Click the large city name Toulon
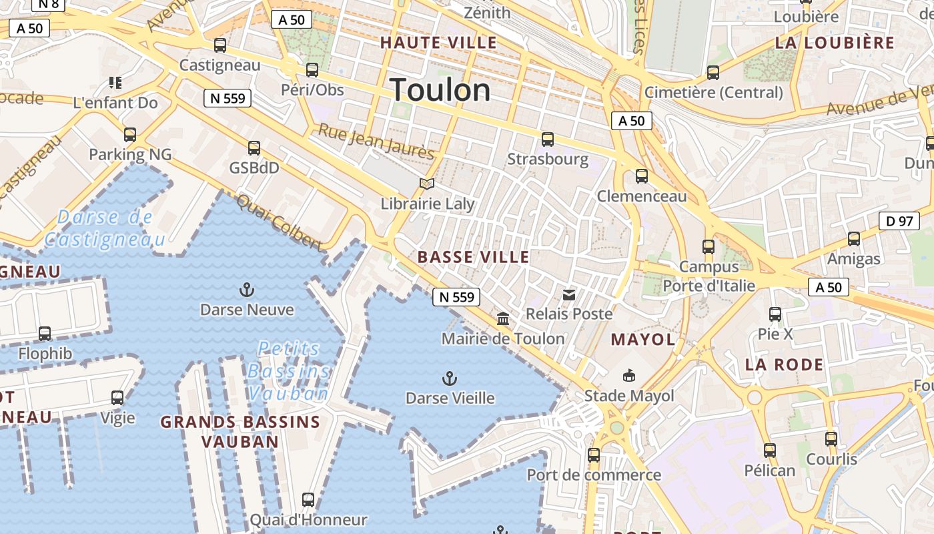tap(440, 90)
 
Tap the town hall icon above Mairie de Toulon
tap(503, 319)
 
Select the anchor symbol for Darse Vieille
tap(450, 378)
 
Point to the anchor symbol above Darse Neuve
tap(247, 290)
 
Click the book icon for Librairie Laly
tap(427, 184)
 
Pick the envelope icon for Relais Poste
tap(569, 294)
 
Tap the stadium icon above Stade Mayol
tap(628, 376)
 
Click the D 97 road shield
tap(899, 221)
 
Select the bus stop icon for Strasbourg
tap(548, 140)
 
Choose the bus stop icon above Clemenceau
tap(642, 176)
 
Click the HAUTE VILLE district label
tap(438, 43)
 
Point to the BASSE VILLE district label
tap(473, 257)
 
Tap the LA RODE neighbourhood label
tap(784, 365)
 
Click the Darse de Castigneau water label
tap(105, 228)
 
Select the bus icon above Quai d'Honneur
tap(308, 499)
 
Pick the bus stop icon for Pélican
tap(770, 451)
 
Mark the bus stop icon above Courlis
tap(831, 439)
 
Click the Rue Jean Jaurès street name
tap(376, 142)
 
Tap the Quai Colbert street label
tap(279, 222)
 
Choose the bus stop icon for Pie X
tap(775, 314)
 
